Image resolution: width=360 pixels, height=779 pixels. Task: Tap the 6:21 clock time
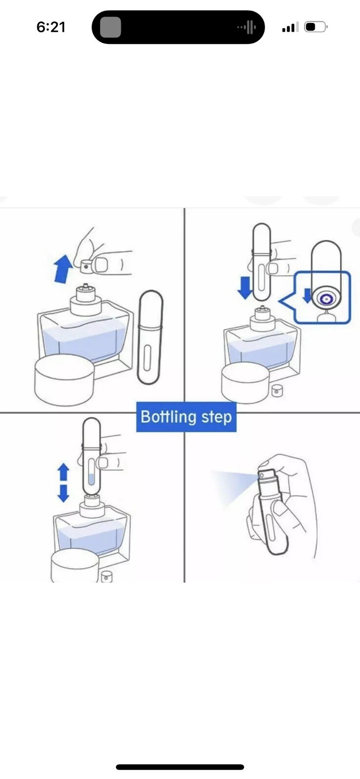tap(51, 27)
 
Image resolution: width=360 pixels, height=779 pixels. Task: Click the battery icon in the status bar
tap(316, 27)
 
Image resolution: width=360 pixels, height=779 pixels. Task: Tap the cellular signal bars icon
tap(290, 27)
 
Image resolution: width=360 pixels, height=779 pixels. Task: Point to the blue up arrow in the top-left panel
tap(63, 268)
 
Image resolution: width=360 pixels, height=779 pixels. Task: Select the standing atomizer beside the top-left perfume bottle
tap(150, 337)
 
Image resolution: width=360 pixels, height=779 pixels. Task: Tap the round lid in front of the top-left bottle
tap(64, 380)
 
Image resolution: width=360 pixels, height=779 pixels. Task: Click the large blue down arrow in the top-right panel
tap(246, 288)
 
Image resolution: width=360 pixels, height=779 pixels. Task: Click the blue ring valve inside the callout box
tap(326, 299)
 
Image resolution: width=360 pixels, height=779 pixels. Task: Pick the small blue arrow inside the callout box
tap(307, 295)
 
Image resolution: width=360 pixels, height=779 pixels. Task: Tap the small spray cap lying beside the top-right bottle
tap(277, 390)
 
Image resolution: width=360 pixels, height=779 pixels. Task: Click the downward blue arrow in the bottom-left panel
tap(63, 493)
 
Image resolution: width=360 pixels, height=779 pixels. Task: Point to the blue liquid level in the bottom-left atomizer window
tap(92, 480)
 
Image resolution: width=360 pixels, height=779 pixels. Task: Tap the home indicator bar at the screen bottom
tap(180, 767)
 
